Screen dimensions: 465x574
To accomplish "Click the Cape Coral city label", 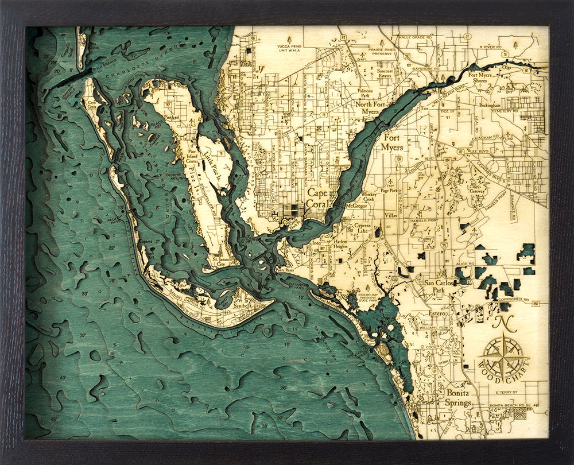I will pos(317,199).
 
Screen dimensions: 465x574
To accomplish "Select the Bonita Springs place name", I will pos(457,398).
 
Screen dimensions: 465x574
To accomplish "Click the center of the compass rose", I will pos(503,356).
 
